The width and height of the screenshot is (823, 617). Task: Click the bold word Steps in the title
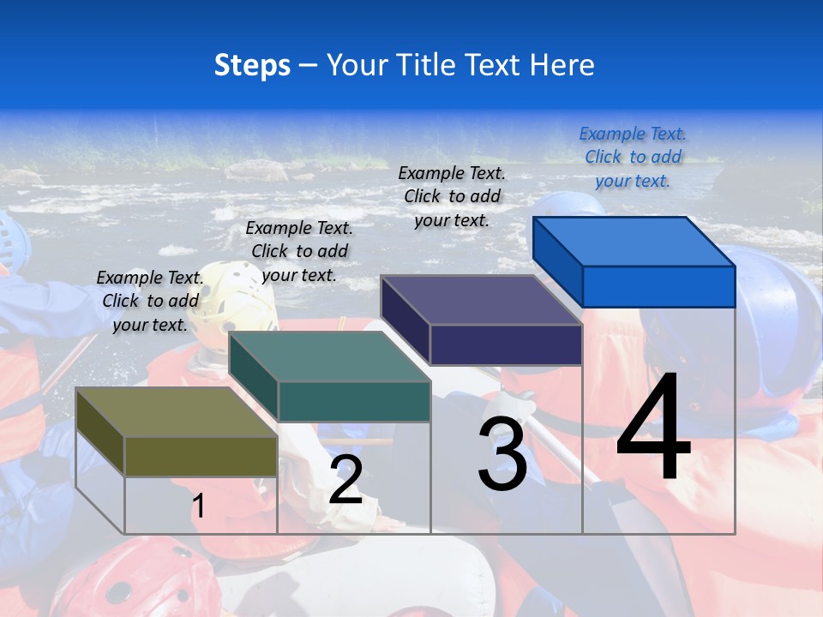tap(252, 65)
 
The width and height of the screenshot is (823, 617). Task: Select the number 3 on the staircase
tap(502, 454)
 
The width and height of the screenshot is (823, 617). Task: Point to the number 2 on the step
tap(345, 480)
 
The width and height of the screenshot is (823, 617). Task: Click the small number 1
tap(198, 506)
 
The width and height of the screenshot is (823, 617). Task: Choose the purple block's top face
tap(481, 300)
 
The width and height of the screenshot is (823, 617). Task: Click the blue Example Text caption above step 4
tap(633, 157)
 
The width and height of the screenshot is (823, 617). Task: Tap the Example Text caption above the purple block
tap(453, 196)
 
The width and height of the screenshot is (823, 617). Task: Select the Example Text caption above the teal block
tap(299, 251)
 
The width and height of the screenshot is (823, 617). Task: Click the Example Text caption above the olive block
tap(150, 301)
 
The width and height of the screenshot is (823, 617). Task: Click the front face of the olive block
tap(201, 456)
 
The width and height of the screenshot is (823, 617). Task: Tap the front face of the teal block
tap(354, 401)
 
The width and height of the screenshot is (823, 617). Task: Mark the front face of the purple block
tap(506, 344)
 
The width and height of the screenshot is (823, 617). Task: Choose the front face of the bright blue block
tap(658, 286)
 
